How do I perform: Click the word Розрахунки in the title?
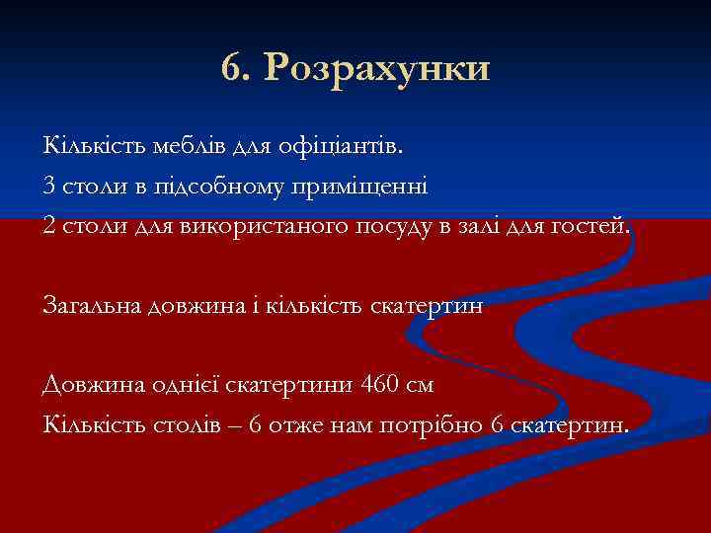click(378, 69)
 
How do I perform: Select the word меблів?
click(191, 147)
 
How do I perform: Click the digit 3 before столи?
click(49, 186)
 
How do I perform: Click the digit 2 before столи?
click(49, 225)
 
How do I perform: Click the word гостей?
click(592, 225)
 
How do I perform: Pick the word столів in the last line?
click(163, 424)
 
